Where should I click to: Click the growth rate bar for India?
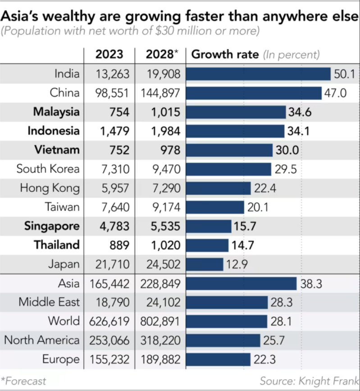pos(258,74)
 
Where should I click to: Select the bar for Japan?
pos(205,264)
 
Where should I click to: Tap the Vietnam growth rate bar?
pos(229,150)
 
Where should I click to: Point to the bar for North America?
pos(223,340)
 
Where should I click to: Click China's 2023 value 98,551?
pos(112,93)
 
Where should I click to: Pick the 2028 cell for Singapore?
pos(165,226)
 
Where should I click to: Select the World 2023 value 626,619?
pos(109,322)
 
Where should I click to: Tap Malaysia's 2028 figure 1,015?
pos(166,112)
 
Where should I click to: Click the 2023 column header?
pos(109,55)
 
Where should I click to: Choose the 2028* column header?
pos(162,55)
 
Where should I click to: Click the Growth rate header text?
pos(225,55)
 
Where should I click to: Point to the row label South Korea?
pos(48,169)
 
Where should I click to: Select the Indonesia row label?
pos(54,131)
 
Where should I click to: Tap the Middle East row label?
pos(49,302)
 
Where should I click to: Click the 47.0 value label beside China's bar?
pos(335,93)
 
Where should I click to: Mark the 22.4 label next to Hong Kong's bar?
pos(265,188)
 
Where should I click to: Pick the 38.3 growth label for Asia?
pos(311,284)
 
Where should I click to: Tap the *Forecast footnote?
pos(23,381)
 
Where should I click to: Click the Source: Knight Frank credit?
pos(310,381)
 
